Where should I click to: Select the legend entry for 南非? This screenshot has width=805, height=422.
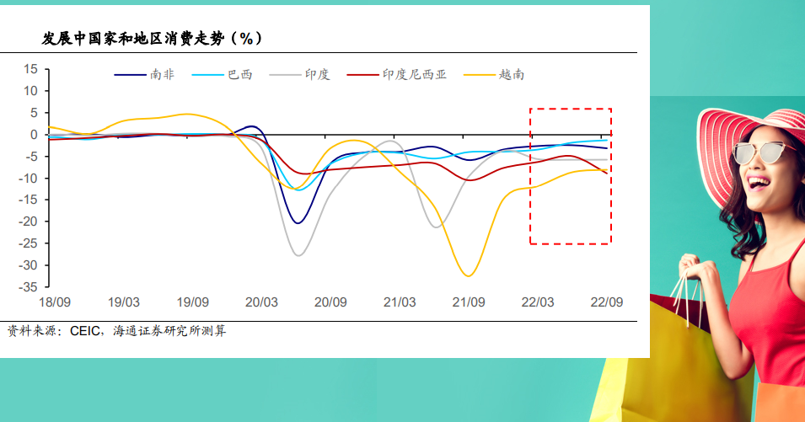click(144, 75)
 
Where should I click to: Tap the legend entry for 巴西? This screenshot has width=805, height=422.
click(223, 75)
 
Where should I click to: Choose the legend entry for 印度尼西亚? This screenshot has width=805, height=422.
click(397, 75)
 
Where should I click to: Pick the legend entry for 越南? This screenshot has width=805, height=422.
click(494, 75)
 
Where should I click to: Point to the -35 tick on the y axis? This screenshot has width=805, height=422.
click(28, 287)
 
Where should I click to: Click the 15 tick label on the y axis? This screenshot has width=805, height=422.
click(31, 69)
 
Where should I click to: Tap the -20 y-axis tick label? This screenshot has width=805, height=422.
click(28, 222)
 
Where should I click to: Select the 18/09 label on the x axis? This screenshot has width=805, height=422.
click(55, 302)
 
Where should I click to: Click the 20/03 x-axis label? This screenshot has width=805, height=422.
click(261, 302)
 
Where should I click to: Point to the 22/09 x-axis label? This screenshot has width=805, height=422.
click(607, 302)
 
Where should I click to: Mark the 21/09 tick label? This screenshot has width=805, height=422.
click(469, 302)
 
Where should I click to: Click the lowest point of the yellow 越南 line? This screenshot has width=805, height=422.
click(468, 276)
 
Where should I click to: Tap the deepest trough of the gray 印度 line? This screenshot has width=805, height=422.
click(298, 255)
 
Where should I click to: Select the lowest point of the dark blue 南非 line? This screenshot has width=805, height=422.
click(298, 223)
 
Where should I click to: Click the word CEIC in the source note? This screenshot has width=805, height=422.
click(84, 331)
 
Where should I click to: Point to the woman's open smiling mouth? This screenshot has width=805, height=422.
click(759, 183)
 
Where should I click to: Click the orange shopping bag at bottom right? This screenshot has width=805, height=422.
click(781, 403)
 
